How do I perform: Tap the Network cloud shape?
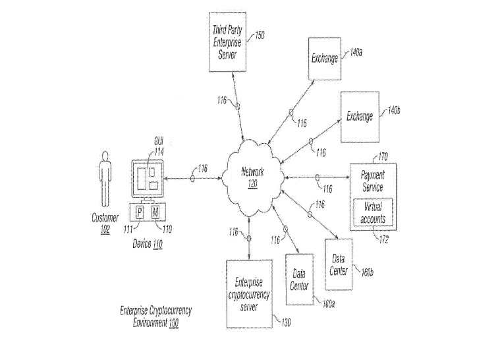(x=252, y=177)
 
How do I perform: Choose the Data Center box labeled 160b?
(x=339, y=264)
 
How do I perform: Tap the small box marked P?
(x=140, y=212)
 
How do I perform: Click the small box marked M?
(x=156, y=212)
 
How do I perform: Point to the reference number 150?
(x=260, y=36)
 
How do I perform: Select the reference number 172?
(x=383, y=240)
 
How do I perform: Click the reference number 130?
(x=286, y=322)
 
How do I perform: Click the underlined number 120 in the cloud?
(x=252, y=184)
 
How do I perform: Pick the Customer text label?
(x=105, y=218)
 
